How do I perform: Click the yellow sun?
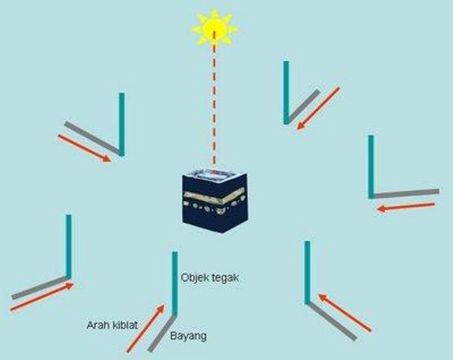tap(214, 28)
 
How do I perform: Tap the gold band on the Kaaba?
tap(214, 196)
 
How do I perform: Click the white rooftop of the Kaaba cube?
tap(214, 175)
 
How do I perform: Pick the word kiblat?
tap(124, 325)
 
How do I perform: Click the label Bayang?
tap(188, 336)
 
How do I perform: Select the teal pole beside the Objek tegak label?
tap(175, 283)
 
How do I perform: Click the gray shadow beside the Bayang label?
tap(162, 332)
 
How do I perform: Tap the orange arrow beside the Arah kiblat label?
tap(145, 328)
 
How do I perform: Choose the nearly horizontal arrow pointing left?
tap(406, 207)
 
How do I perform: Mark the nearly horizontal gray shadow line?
tap(405, 193)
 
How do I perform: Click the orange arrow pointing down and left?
tap(318, 108)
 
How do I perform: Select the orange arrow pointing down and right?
tap(84, 148)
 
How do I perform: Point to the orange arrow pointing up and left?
tap(344, 312)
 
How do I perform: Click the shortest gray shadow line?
tap(303, 106)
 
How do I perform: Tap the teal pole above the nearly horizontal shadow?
tap(371, 166)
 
